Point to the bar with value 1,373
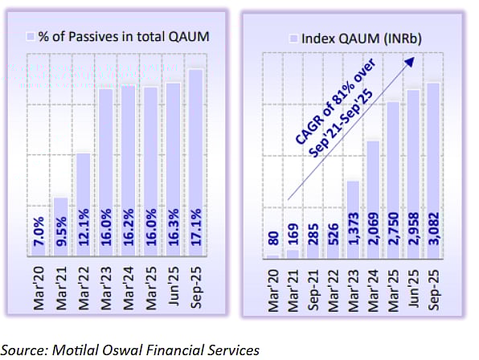[x=353, y=217]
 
